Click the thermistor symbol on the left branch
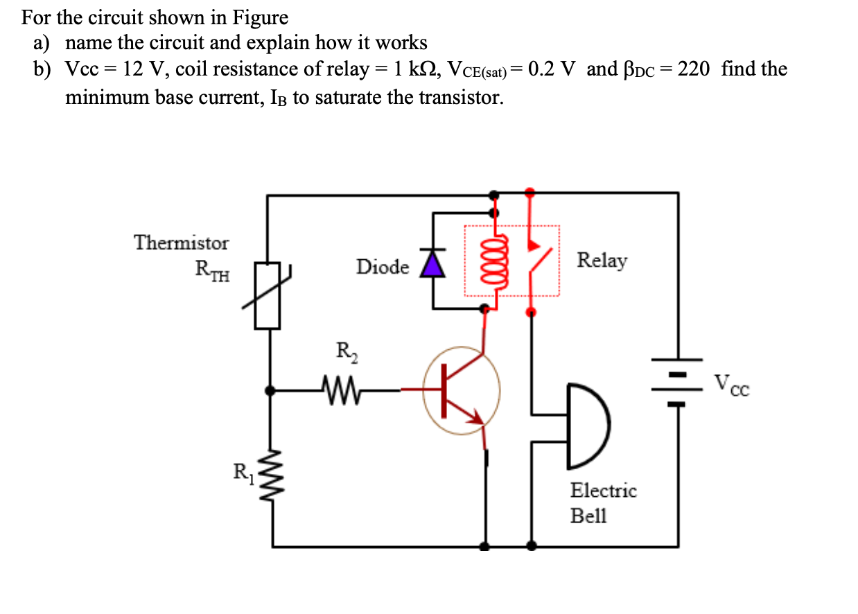268,295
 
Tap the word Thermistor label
181,243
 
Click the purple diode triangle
434,264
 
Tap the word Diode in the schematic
383,267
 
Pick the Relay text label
602,261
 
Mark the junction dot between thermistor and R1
270,391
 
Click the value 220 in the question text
693,69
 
